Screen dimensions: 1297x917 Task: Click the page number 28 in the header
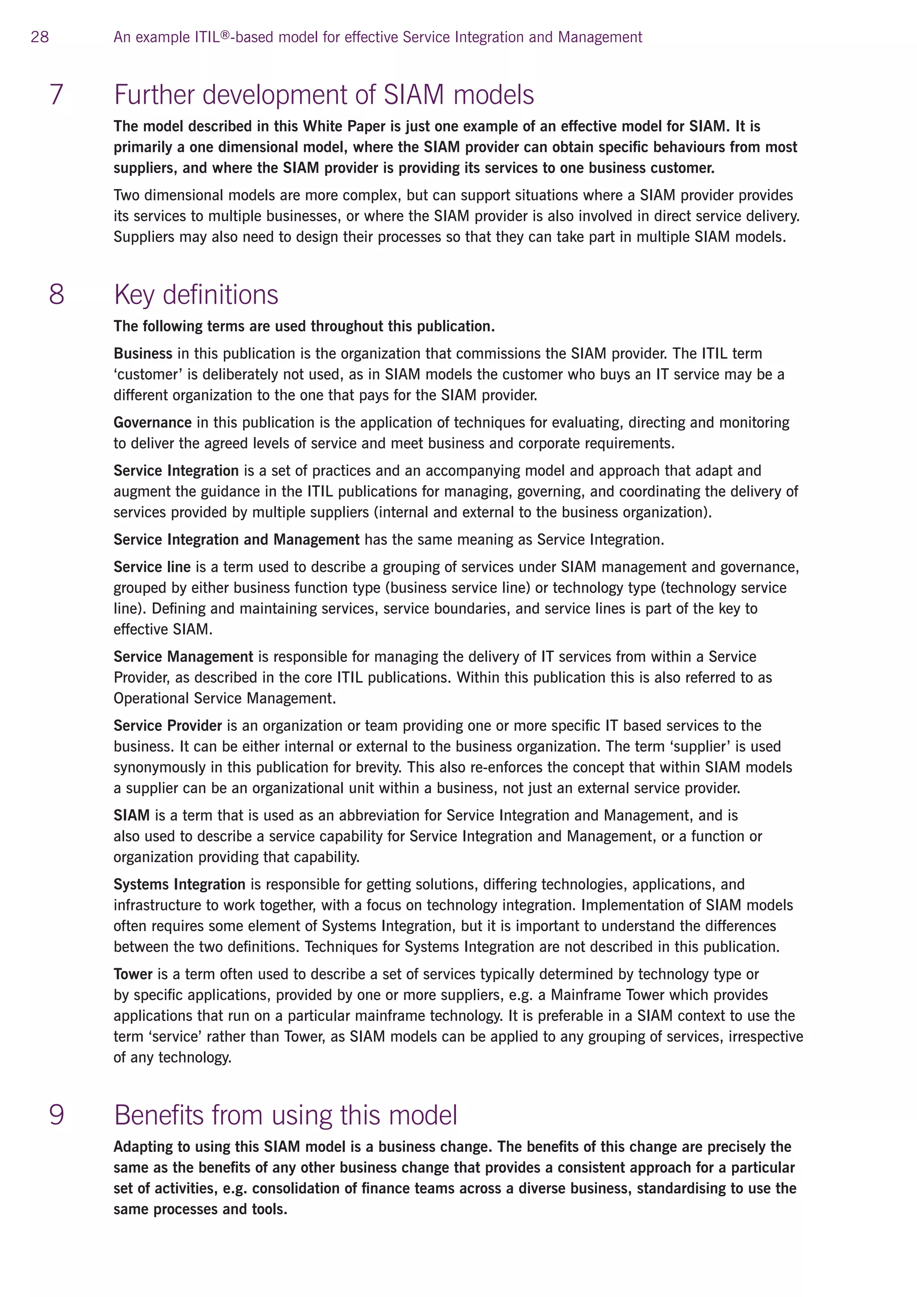point(39,37)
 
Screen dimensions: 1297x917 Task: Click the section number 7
point(56,94)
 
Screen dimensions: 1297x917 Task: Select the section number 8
point(56,294)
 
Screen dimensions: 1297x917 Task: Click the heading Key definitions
point(196,294)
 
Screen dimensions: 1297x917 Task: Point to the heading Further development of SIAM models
point(324,94)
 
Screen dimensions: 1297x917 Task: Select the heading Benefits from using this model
point(285,1115)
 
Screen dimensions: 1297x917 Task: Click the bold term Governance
point(152,422)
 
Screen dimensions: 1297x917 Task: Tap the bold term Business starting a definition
point(143,354)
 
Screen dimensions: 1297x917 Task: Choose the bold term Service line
point(152,567)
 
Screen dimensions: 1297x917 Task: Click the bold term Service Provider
point(168,726)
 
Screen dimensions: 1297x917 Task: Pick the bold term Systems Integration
point(179,884)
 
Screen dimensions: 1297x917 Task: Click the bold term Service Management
point(183,657)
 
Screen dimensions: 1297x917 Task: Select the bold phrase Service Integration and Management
point(236,540)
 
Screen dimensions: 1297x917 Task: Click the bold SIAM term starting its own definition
point(132,815)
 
